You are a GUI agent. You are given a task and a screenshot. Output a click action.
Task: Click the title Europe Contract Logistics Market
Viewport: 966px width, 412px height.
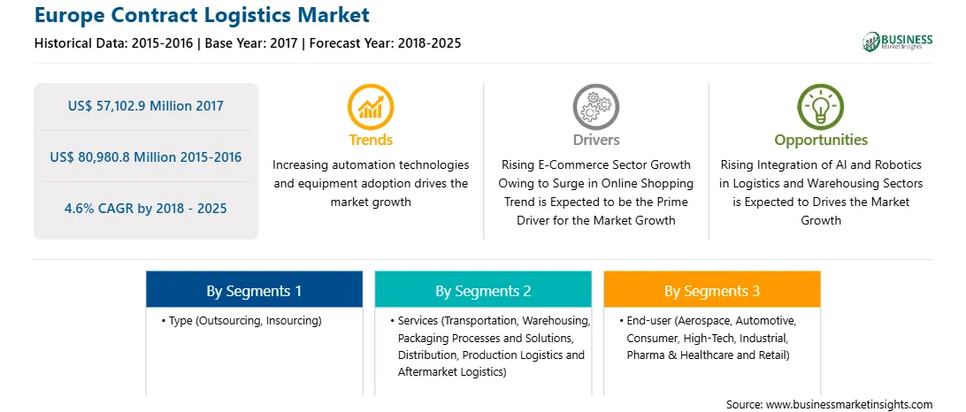(x=202, y=15)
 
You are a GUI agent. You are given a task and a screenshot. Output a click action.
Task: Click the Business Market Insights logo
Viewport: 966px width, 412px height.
(x=898, y=42)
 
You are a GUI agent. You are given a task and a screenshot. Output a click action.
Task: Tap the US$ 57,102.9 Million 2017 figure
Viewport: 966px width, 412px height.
(x=145, y=106)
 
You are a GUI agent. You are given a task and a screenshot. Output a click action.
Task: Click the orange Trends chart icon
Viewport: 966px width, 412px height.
(x=371, y=107)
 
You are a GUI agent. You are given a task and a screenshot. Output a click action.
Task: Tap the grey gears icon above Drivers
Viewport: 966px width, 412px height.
(x=595, y=107)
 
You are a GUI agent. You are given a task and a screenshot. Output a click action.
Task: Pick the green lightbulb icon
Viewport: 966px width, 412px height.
(x=821, y=107)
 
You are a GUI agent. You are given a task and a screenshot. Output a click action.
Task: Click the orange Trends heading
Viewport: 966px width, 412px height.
(x=371, y=140)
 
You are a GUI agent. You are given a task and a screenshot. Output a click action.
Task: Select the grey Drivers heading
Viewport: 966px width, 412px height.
(x=596, y=140)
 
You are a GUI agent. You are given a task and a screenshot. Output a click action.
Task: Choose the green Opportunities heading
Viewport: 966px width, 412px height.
(x=821, y=141)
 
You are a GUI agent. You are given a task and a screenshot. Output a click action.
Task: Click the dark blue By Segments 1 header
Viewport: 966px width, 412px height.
(x=255, y=290)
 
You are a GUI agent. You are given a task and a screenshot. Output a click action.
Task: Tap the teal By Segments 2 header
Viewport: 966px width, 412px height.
(x=483, y=290)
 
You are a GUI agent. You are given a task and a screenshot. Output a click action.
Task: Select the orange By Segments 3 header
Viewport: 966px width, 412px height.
(x=711, y=290)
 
